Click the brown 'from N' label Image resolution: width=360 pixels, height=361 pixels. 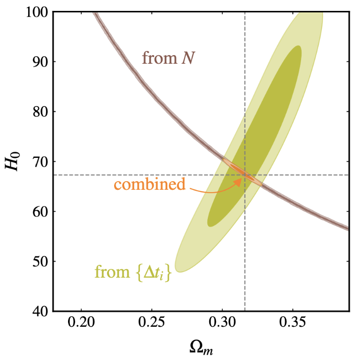coord(169,58)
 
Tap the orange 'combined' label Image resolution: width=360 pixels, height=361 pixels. coord(149,185)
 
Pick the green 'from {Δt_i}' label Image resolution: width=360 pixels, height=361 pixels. coord(133,272)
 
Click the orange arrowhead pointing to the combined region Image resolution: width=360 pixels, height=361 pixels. coord(237,182)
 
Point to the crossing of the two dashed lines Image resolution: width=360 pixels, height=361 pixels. coord(244,175)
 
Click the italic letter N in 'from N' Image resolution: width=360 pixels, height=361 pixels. coord(189,58)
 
